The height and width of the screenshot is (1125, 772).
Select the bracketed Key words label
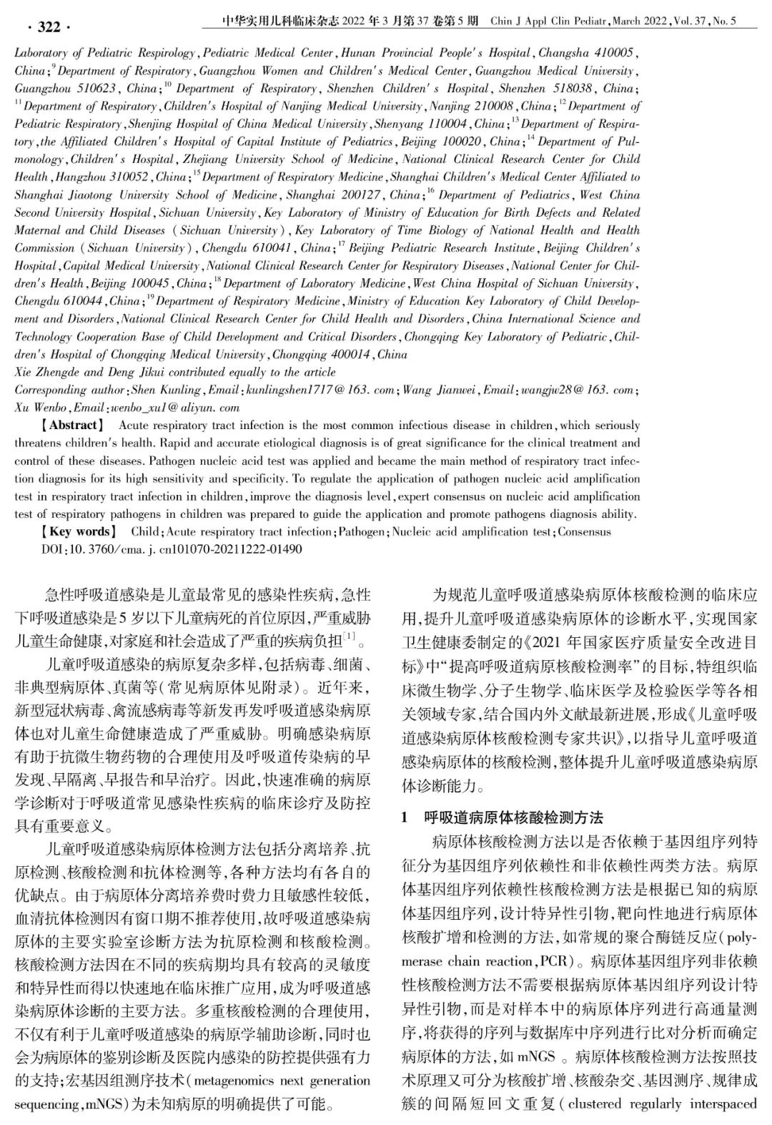tap(78, 531)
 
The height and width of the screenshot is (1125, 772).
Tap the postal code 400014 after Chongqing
tap(347, 354)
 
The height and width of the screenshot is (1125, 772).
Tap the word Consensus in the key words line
tap(585, 531)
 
